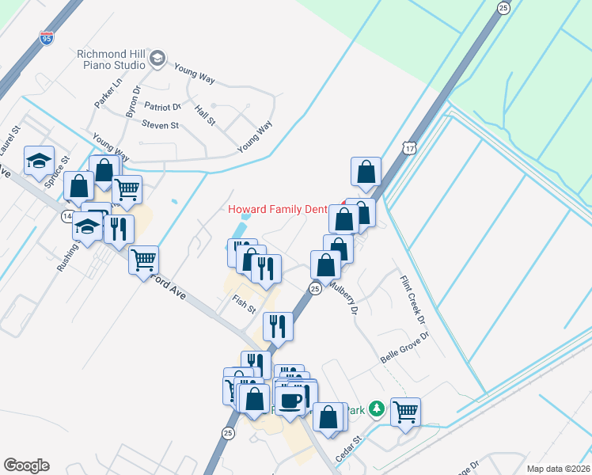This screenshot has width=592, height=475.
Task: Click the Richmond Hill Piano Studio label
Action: coord(111,59)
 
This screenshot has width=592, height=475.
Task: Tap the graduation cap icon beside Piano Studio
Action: coord(157,58)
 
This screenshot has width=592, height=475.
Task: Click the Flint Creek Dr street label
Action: coord(413,298)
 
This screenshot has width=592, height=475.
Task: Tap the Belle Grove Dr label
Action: coord(404,346)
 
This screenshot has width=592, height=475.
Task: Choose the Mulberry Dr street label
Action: coord(346,293)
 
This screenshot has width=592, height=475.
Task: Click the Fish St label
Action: coord(245,302)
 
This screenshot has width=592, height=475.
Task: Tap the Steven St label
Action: coord(161,125)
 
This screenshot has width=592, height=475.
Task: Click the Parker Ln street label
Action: coord(108,93)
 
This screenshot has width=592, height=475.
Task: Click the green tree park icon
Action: coord(378,408)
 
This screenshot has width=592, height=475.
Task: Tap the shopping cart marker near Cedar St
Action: coord(405,412)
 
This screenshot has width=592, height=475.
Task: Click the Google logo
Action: coord(26,465)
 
